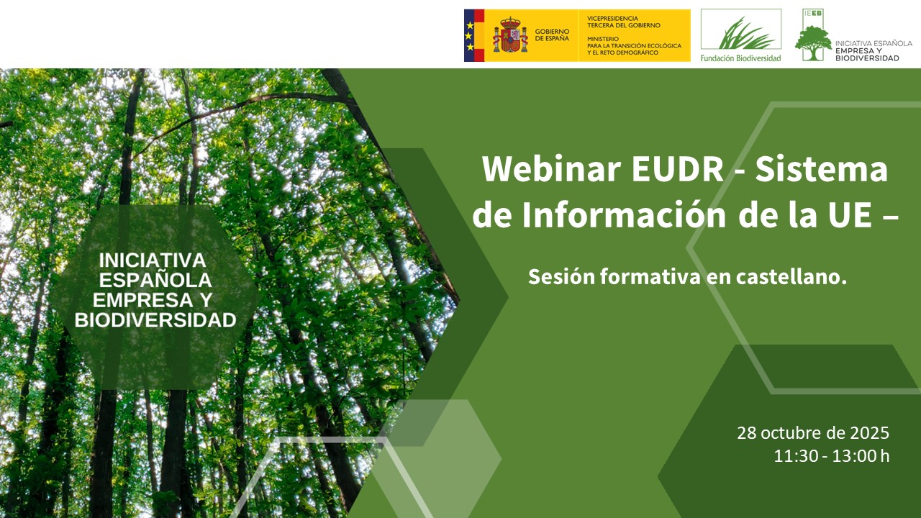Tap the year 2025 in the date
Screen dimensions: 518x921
pyautogui.click(x=870, y=433)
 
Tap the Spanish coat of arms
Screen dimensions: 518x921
pyautogui.click(x=510, y=35)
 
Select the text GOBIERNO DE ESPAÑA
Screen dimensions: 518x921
pyautogui.click(x=552, y=35)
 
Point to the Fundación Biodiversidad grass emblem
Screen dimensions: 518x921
pyautogui.click(x=740, y=32)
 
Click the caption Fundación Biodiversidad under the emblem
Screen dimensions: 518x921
pyautogui.click(x=740, y=58)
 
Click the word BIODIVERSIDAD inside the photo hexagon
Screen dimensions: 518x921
pyautogui.click(x=155, y=321)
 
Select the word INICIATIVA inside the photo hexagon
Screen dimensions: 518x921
pyautogui.click(x=153, y=260)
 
